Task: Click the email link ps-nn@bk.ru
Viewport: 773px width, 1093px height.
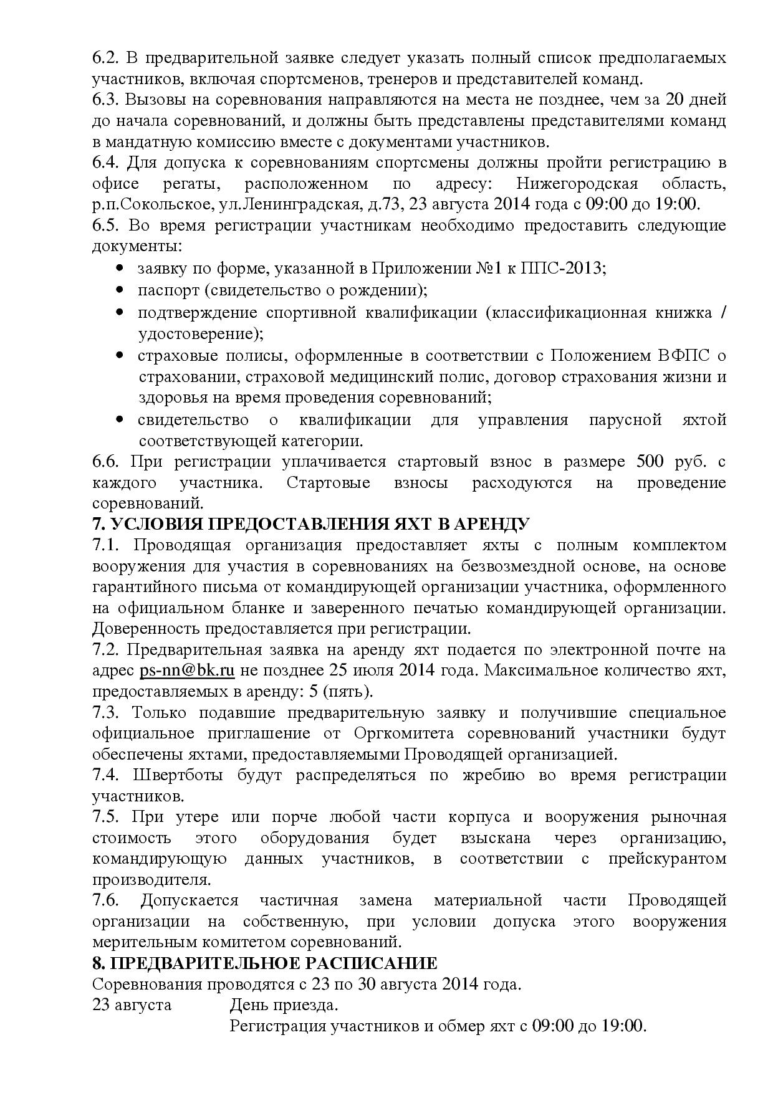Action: (x=186, y=671)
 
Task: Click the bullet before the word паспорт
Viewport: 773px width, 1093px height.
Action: (x=120, y=290)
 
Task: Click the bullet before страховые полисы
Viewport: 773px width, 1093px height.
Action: (x=120, y=356)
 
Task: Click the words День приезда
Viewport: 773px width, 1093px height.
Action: (x=284, y=1005)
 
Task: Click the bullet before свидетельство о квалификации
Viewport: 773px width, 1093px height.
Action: (x=120, y=420)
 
